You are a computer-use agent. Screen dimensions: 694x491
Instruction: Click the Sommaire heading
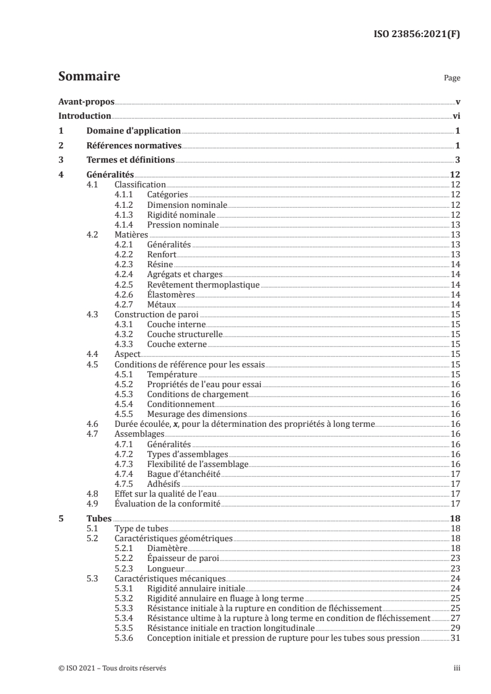coord(89,77)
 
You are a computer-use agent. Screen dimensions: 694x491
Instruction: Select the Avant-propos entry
coord(86,101)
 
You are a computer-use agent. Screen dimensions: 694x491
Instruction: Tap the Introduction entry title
coord(84,116)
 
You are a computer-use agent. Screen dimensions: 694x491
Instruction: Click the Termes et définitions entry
coord(130,161)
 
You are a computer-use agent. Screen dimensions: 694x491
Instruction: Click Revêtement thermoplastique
coord(203,285)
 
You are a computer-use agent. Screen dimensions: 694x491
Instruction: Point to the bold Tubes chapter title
coord(95,518)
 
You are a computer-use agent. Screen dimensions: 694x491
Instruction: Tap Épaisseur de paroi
coord(184,559)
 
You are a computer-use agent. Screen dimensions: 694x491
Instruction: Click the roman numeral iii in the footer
coord(456,668)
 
